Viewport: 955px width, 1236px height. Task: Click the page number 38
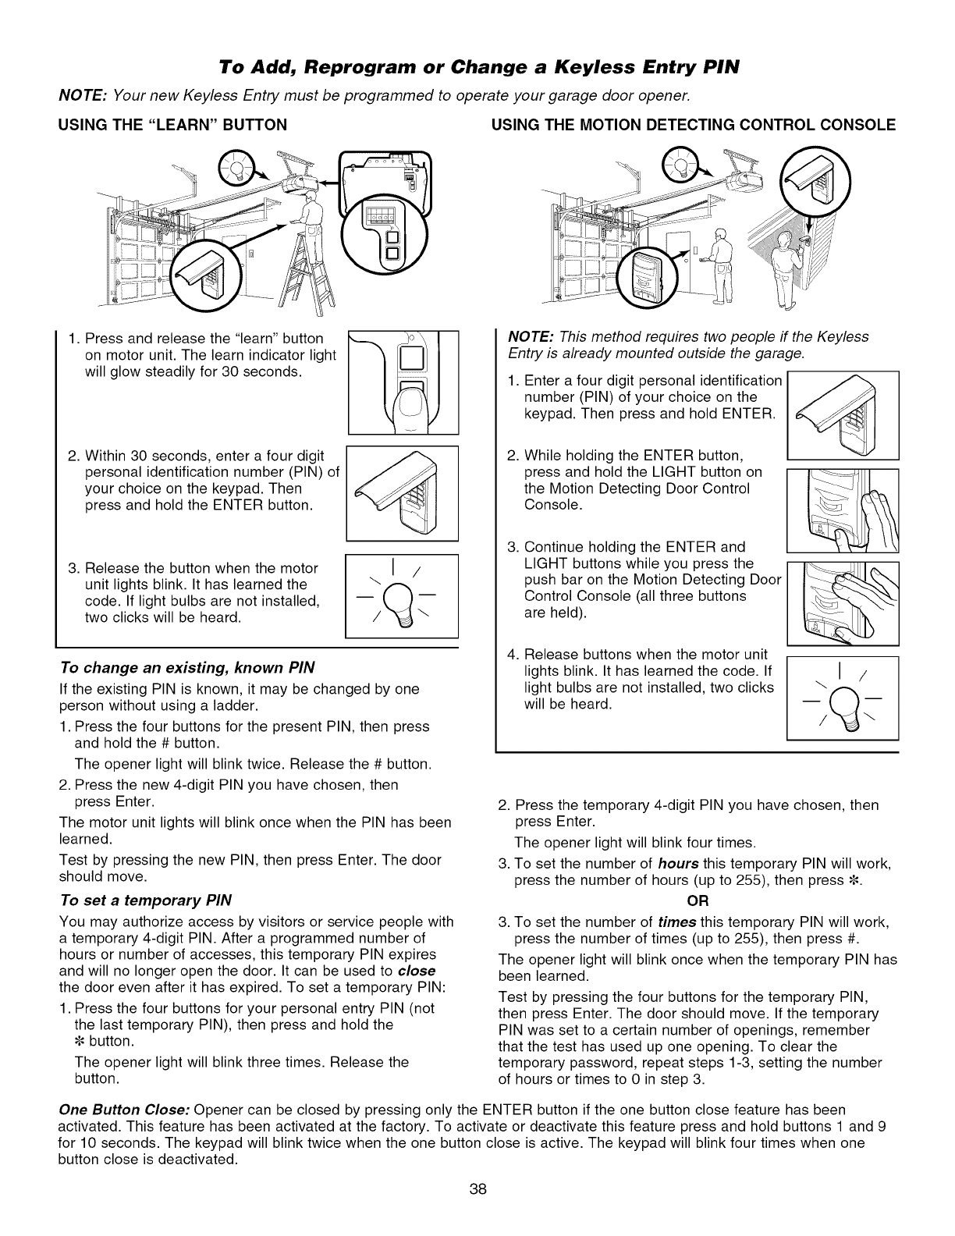[x=477, y=1211]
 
